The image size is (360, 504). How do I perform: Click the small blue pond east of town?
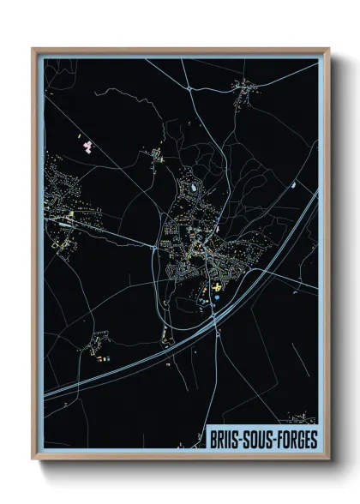point(292,185)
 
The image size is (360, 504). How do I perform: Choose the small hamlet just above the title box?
point(301,419)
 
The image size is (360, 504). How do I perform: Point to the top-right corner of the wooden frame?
point(327,50)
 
